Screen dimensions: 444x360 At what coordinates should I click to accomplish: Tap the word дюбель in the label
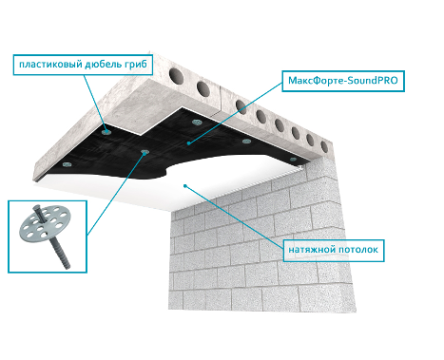tap(103, 64)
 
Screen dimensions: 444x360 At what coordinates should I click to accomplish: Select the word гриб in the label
tap(136, 64)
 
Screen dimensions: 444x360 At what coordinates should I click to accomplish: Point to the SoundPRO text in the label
tap(371, 81)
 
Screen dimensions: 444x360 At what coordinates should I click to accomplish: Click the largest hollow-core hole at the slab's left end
tap(176, 75)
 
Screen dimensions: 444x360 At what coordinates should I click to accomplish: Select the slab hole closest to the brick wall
tap(324, 146)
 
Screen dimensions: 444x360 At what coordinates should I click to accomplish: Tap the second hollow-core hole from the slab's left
tap(203, 88)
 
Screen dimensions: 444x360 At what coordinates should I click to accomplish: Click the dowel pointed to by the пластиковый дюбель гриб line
tap(106, 132)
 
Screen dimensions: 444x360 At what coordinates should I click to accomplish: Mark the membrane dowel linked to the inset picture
tap(144, 152)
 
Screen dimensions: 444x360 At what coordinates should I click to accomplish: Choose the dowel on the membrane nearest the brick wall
tap(293, 159)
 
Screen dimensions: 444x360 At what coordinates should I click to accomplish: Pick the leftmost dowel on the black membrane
tap(67, 164)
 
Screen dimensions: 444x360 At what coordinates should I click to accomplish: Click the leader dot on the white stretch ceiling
tap(185, 185)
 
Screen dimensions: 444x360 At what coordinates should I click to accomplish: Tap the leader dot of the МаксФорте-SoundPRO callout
tap(188, 143)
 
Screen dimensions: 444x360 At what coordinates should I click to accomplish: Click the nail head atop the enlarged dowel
tap(36, 208)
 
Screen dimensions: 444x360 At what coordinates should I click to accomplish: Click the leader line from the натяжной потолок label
tap(234, 217)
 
